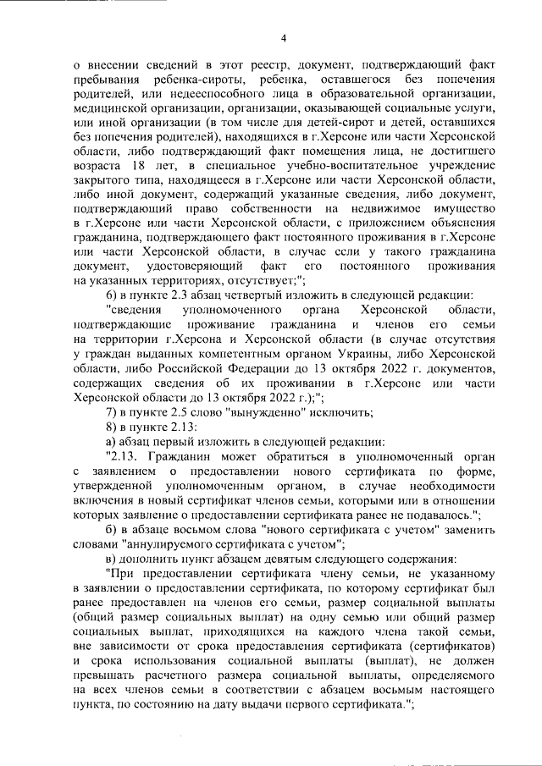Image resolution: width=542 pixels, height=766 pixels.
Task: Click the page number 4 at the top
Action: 285,37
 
